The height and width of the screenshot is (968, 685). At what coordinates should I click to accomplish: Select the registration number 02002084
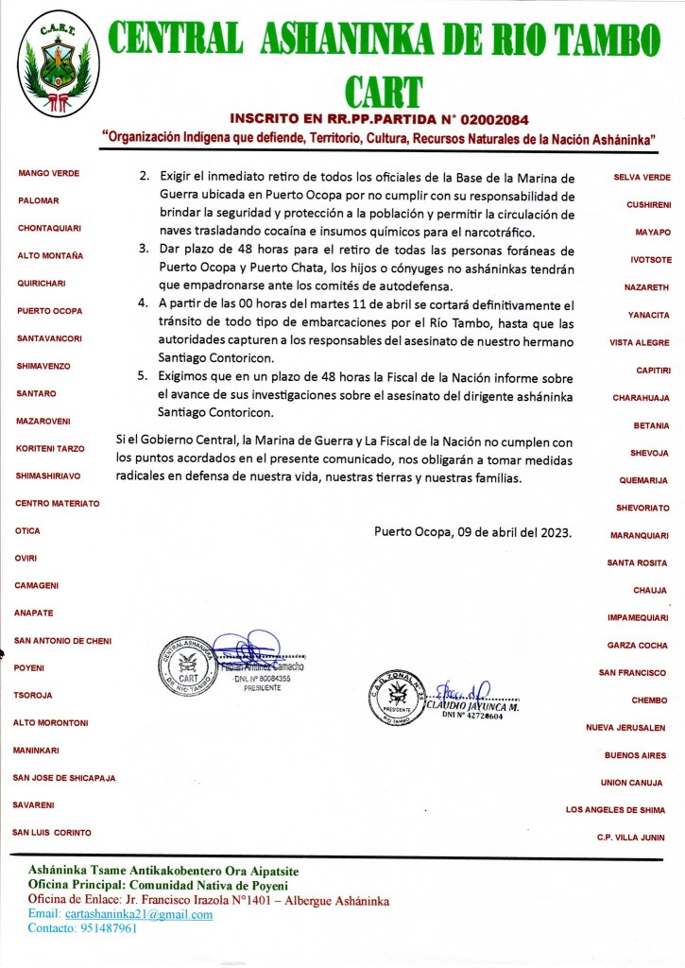coord(494,120)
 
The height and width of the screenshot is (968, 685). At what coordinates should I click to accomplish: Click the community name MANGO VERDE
coord(48,173)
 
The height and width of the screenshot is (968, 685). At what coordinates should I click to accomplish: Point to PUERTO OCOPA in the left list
coord(50,311)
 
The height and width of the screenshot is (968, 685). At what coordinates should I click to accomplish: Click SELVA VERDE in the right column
coord(642,178)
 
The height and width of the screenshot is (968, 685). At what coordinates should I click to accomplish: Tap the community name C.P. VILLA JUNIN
coord(630,838)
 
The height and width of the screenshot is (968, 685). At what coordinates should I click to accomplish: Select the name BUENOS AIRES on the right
coord(635,755)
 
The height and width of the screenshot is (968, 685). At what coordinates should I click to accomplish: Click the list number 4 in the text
coord(143,303)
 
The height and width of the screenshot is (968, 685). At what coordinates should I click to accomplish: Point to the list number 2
coord(143,177)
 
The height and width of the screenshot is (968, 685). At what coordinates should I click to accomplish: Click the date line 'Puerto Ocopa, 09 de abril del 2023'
coord(472,531)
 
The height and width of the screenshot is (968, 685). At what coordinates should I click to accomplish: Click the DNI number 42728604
coord(472,717)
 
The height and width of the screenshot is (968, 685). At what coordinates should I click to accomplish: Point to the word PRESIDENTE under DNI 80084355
coord(263,688)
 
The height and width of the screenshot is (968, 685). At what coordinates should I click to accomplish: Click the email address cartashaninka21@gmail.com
coord(138,914)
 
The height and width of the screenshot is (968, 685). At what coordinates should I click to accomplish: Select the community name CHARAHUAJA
coord(641,398)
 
